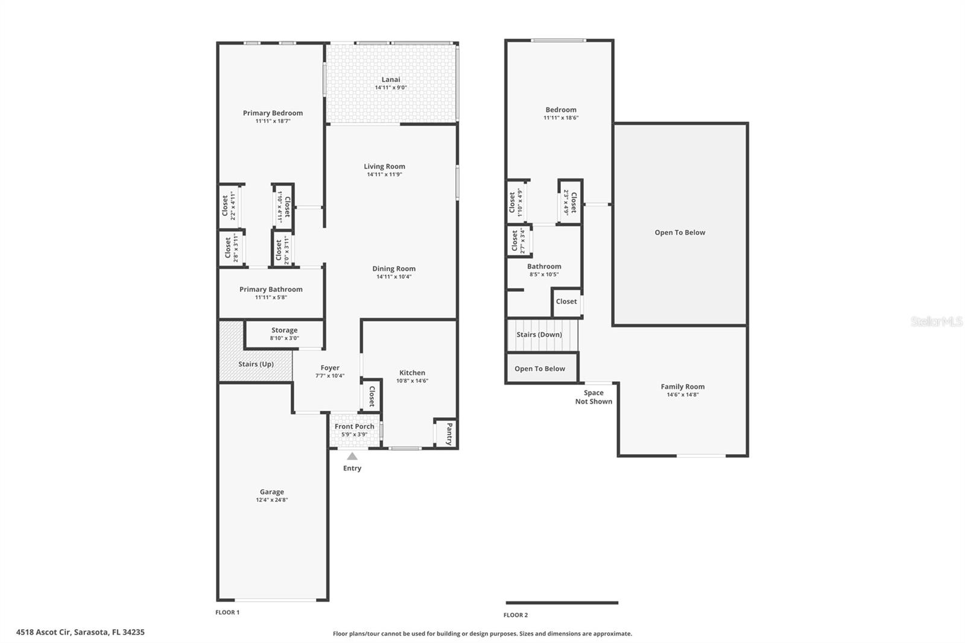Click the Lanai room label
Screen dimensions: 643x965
[x=390, y=79]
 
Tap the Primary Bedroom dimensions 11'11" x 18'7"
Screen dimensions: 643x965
[x=273, y=121]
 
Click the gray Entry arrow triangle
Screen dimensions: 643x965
[x=352, y=457]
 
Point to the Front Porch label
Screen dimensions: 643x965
[x=354, y=426]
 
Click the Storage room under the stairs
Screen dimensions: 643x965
[x=284, y=334]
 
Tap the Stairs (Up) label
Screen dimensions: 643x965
[x=256, y=364]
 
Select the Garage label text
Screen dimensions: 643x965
[x=271, y=492]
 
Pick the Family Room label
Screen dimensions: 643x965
[x=682, y=387]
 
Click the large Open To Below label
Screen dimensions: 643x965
[x=680, y=232]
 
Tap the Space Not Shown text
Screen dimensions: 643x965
[x=593, y=397]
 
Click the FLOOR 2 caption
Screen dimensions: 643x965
[x=516, y=615]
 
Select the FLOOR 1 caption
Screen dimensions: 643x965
[x=227, y=612]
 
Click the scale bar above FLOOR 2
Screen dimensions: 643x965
[x=562, y=603]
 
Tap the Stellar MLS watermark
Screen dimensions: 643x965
[x=936, y=321]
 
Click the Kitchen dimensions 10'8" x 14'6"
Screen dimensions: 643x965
[x=412, y=381]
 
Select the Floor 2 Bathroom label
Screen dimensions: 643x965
[x=544, y=266]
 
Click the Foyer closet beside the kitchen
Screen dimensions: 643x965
[x=371, y=396]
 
